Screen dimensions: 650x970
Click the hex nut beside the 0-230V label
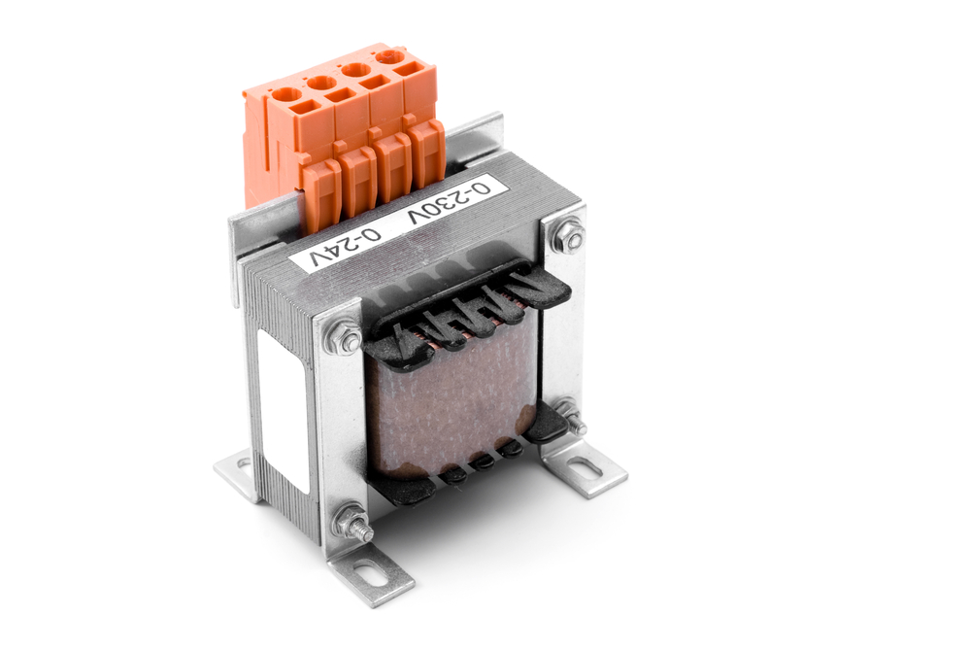click(x=567, y=236)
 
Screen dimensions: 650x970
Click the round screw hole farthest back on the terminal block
click(x=390, y=56)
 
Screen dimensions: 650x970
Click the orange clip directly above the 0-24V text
click(x=321, y=193)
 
